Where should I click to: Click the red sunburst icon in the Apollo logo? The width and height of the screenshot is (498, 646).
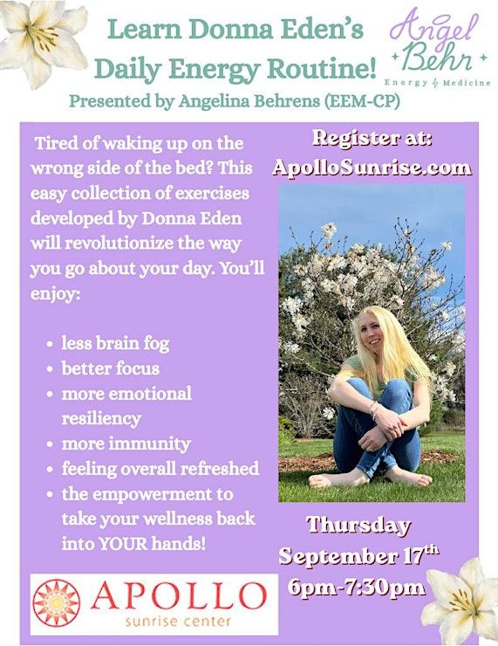click(57, 602)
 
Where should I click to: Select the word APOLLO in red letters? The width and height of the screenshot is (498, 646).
click(178, 596)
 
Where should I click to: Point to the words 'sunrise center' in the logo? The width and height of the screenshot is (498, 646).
click(178, 621)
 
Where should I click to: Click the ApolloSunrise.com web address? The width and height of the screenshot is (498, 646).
click(372, 168)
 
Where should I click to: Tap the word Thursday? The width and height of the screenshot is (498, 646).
click(358, 526)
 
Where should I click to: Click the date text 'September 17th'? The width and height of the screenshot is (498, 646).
click(358, 555)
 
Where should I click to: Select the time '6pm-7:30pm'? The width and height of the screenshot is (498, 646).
click(357, 587)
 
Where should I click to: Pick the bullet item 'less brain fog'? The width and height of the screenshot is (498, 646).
click(115, 344)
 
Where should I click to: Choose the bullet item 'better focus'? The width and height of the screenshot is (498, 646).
click(110, 368)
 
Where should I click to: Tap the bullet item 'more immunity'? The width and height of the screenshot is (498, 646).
click(126, 443)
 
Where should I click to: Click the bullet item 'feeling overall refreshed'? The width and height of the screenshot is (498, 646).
click(160, 469)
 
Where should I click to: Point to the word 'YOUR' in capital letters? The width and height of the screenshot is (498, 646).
click(123, 544)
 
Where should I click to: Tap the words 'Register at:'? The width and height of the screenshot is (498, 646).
click(372, 138)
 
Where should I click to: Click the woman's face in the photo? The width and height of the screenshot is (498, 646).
click(372, 333)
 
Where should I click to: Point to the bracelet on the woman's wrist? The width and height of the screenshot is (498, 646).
click(373, 411)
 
